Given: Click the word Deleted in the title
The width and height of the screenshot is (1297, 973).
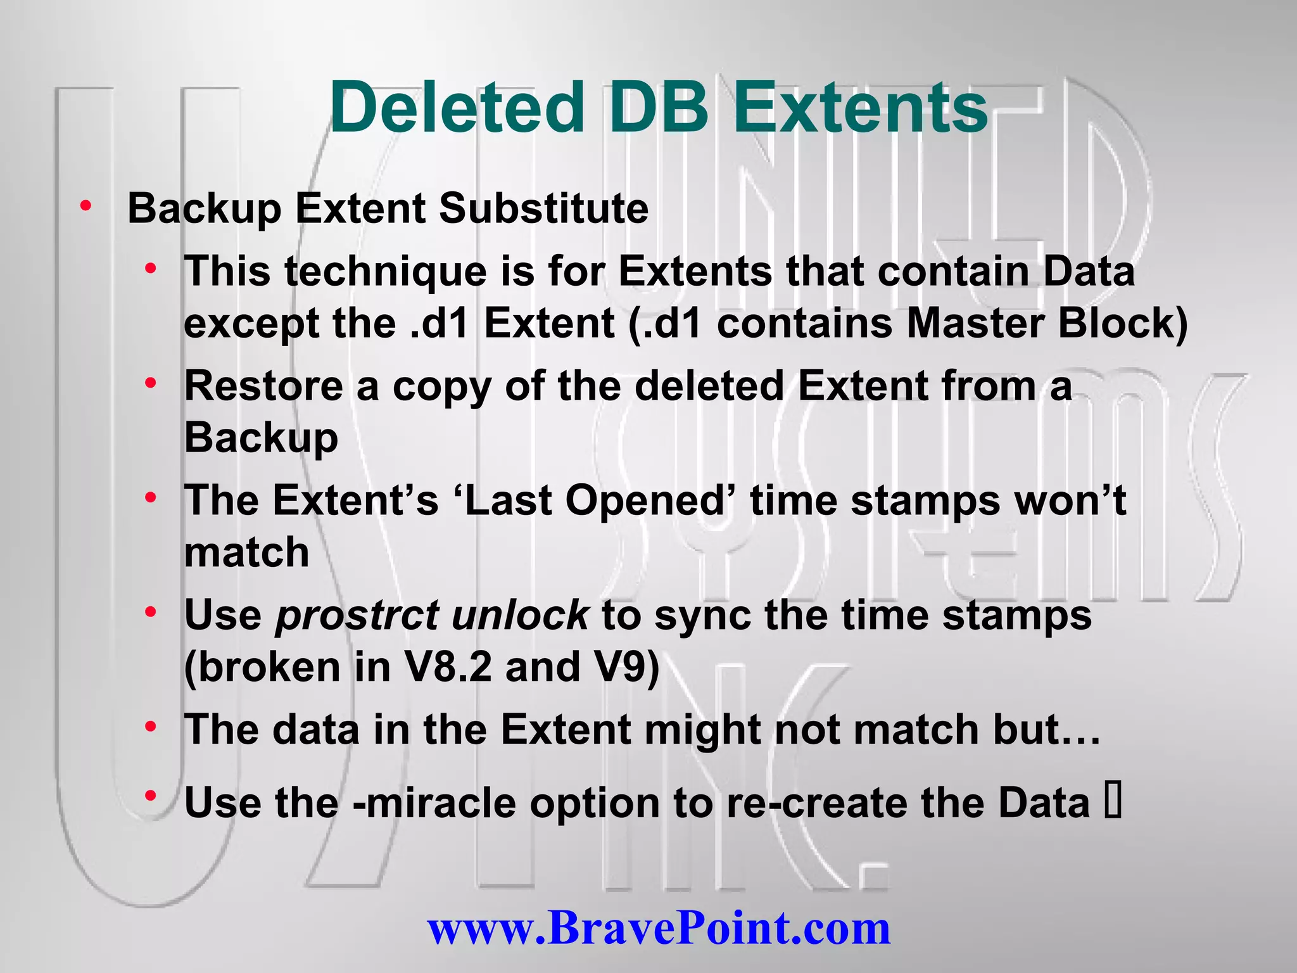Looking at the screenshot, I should coord(456,108).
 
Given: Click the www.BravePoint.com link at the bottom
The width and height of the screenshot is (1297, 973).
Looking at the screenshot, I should coord(659,927).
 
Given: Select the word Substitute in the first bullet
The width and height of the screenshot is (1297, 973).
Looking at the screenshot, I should coord(543,208).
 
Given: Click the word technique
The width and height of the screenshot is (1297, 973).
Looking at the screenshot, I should coord(386,272).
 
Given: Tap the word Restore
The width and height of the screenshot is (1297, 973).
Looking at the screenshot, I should coord(263,386).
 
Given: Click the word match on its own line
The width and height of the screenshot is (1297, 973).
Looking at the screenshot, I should coord(246,552).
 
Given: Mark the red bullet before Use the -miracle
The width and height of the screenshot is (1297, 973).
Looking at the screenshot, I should coord(150,796).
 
